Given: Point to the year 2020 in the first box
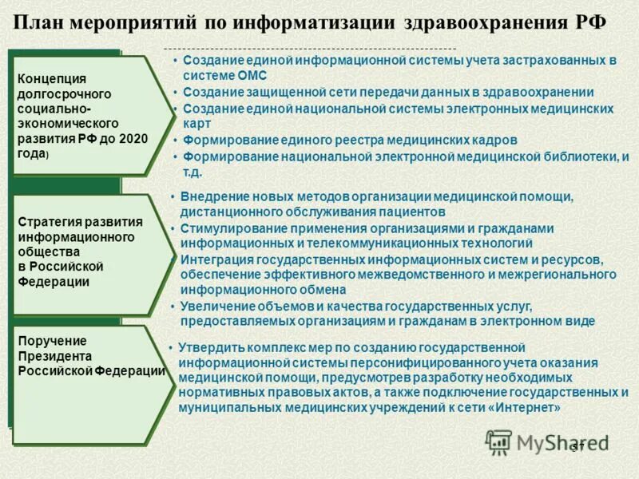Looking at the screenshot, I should coord(132,138).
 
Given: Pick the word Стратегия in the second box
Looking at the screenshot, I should coord(50,221).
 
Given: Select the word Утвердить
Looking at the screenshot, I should coord(208,347).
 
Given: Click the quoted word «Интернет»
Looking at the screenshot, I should coord(526,408).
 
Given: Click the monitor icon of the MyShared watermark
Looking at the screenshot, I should coord(499,441).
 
